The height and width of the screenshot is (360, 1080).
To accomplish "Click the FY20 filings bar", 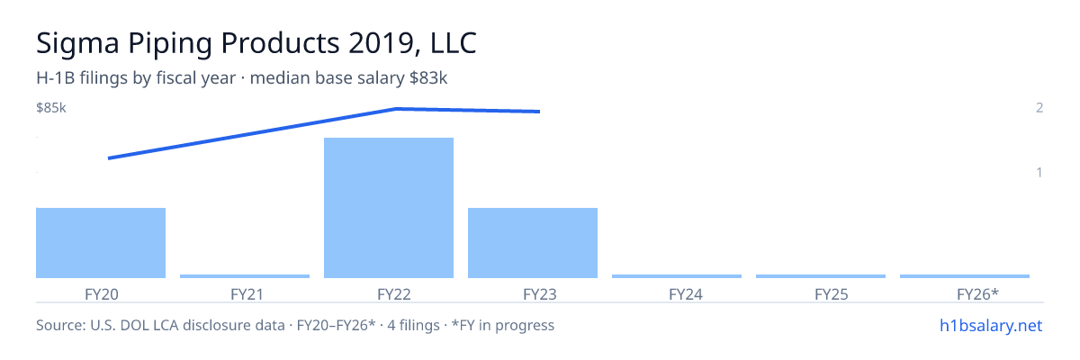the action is pyautogui.click(x=101, y=243).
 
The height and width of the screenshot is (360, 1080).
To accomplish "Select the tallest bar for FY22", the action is pyautogui.click(x=389, y=208).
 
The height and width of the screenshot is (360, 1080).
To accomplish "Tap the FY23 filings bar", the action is pyautogui.click(x=533, y=243).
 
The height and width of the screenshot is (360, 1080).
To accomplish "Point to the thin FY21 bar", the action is pyautogui.click(x=245, y=276).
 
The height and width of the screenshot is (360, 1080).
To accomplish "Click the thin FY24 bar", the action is pyautogui.click(x=677, y=276).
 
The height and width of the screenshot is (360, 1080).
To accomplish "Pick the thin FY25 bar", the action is pyautogui.click(x=821, y=276).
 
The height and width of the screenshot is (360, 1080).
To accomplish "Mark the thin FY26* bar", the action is pyautogui.click(x=965, y=276).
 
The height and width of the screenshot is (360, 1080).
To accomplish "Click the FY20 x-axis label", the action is pyautogui.click(x=101, y=294).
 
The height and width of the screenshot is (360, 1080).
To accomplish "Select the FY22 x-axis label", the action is pyautogui.click(x=394, y=294).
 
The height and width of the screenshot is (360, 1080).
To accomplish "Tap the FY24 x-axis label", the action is pyautogui.click(x=686, y=294).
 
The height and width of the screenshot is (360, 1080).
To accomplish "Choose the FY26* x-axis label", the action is pyautogui.click(x=977, y=294).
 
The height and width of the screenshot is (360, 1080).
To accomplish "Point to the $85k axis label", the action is pyautogui.click(x=51, y=107).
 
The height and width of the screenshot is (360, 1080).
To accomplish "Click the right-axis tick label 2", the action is pyautogui.click(x=1039, y=107).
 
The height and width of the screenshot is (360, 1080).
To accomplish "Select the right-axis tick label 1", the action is pyautogui.click(x=1039, y=172).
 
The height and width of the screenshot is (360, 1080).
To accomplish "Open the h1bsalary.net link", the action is pyautogui.click(x=991, y=325).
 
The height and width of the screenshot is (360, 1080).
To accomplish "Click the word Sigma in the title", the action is pyautogui.click(x=77, y=43).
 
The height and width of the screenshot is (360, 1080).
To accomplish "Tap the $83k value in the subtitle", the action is pyautogui.click(x=428, y=77).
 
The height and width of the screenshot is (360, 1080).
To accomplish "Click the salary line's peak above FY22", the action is pyautogui.click(x=396, y=109).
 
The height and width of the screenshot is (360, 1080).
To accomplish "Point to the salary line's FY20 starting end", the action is pyautogui.click(x=109, y=158).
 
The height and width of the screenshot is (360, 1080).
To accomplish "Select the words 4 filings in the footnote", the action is pyautogui.click(x=413, y=325).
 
